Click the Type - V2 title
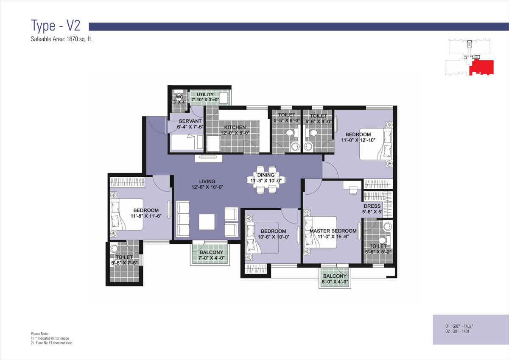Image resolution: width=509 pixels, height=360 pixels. pos(56,26)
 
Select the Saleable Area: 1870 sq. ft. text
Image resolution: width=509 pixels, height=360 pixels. pos(62,39)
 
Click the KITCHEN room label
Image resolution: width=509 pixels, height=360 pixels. pos(235,127)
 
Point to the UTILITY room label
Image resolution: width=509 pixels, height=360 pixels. pos(205,95)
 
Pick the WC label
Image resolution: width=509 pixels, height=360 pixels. pos(179,97)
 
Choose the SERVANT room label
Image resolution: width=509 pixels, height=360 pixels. pos(190,121)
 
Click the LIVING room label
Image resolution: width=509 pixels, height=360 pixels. pos(207,181)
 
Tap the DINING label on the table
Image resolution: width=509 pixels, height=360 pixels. pos(266,175)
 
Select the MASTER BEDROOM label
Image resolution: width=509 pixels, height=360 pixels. pos(333,231)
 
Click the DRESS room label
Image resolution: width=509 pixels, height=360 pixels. pos(372,206)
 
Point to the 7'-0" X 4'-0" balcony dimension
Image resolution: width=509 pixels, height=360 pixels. pos(211,258)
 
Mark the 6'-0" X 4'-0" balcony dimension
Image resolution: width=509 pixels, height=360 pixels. pos(335,282)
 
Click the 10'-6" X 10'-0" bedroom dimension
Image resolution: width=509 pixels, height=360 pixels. pos(273,237)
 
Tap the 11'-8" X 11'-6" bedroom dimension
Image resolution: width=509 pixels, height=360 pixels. pos(146,216)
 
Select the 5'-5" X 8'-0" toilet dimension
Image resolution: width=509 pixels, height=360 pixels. pos(287,120)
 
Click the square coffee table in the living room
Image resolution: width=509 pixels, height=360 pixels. pos(207,222)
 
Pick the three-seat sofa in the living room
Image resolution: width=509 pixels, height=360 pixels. pos(183,219)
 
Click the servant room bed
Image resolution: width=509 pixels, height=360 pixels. pos(187,142)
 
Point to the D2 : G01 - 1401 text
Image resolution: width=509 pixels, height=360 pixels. pos(457,332)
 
